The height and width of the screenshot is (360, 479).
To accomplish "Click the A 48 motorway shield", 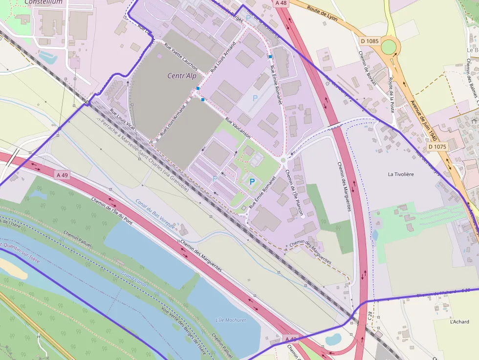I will click(x=281, y=3).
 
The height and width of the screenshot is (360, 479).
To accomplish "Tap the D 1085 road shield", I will click(x=369, y=41).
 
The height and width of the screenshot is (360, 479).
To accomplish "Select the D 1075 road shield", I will click(x=437, y=147).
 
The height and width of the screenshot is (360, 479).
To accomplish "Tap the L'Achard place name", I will click(x=459, y=321).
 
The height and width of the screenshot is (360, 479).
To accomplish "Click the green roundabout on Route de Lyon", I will click(x=389, y=47).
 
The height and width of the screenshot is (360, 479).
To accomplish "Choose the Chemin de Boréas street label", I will click(x=367, y=68).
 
